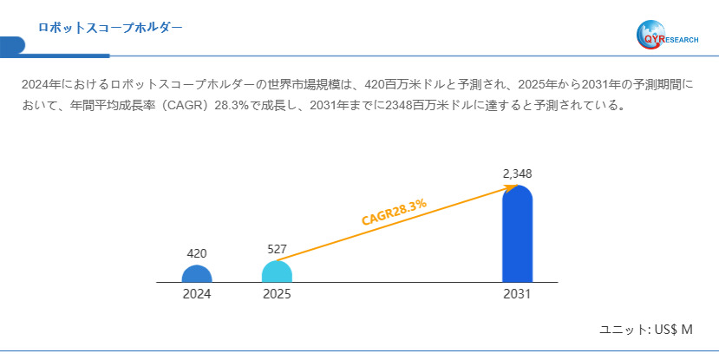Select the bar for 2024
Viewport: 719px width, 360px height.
coord(197,274)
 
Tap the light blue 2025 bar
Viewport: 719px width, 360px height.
coord(277,272)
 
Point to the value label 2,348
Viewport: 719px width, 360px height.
coord(517,173)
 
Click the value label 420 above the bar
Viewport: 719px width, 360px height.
coord(197,253)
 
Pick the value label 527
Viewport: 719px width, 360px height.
coord(277,249)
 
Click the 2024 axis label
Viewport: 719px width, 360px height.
coord(197,294)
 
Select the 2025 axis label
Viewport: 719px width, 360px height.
coord(277,294)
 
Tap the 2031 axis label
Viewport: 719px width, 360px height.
coord(517,294)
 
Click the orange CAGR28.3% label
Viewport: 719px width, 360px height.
coord(394,211)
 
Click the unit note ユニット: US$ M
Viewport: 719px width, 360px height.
coord(646,330)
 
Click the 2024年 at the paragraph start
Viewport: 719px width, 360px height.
coord(40,85)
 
